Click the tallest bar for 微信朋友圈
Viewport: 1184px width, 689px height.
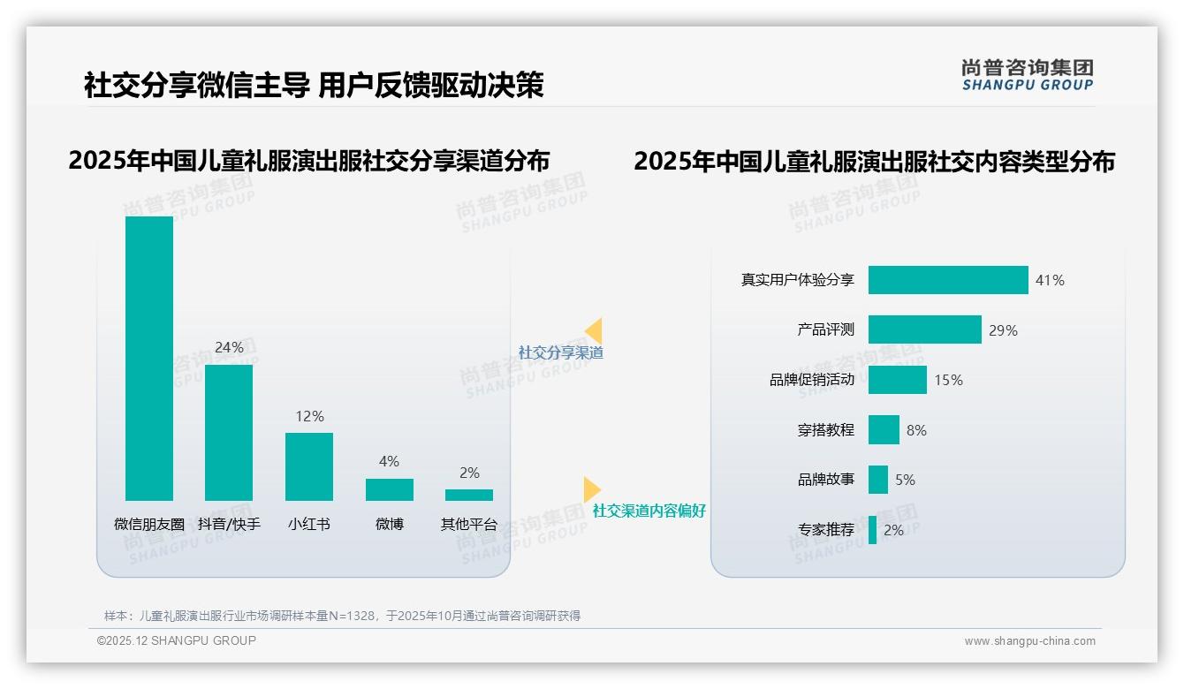149,358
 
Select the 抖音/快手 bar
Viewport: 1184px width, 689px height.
229,433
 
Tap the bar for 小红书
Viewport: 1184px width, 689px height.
309,466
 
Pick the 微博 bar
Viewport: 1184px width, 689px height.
390,489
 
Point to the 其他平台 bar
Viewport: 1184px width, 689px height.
469,495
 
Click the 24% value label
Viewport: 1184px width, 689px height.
229,348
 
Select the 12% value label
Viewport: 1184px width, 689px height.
309,417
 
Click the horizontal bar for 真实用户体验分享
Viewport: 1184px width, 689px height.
948,280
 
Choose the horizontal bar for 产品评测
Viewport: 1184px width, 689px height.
924,329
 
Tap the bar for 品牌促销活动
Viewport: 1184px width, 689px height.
897,380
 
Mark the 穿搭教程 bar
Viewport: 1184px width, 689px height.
884,430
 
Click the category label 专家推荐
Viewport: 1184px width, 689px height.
826,530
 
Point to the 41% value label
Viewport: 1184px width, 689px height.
1051,281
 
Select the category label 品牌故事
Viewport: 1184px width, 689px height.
826,481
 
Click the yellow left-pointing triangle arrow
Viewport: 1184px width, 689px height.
593,330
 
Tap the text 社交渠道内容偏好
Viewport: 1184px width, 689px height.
649,511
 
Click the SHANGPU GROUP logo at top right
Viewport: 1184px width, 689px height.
1028,75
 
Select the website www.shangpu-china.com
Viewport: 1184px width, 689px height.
1029,641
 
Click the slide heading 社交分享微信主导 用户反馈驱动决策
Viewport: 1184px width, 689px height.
314,86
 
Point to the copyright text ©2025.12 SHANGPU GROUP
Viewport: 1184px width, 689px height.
177,640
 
